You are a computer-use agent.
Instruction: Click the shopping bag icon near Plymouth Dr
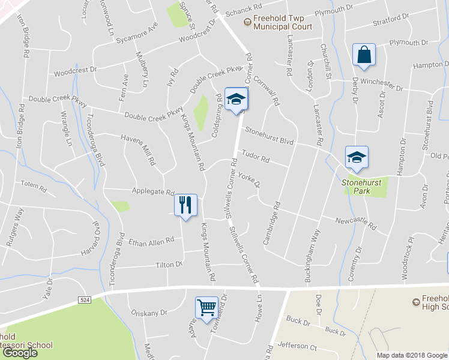coord(364,55)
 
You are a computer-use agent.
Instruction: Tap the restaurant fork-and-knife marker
coord(185,205)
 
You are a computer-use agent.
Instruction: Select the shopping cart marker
coord(206,307)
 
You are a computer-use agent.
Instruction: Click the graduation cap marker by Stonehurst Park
coord(357,157)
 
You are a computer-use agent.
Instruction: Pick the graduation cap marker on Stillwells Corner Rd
coord(236,99)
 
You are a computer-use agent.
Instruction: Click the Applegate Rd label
coord(152,192)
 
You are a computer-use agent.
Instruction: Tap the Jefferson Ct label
coord(297,346)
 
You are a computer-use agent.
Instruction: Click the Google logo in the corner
coord(20,353)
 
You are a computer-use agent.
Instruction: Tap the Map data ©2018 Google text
coord(412,355)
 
